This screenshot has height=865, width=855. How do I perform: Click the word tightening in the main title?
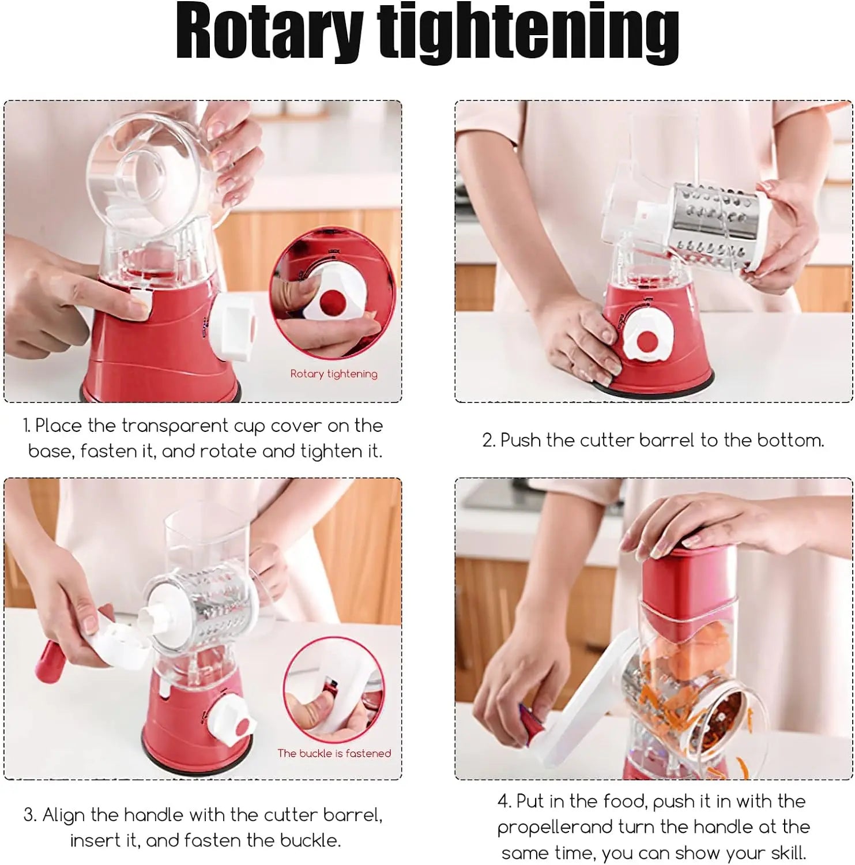pyautogui.click(x=528, y=33)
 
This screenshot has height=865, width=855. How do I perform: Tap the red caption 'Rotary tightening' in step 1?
pyautogui.click(x=334, y=374)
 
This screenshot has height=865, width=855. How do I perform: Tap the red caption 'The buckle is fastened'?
pyautogui.click(x=334, y=753)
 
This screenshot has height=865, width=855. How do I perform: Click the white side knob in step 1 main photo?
pyautogui.click(x=232, y=326)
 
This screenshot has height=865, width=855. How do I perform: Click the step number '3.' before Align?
pyautogui.click(x=30, y=815)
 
